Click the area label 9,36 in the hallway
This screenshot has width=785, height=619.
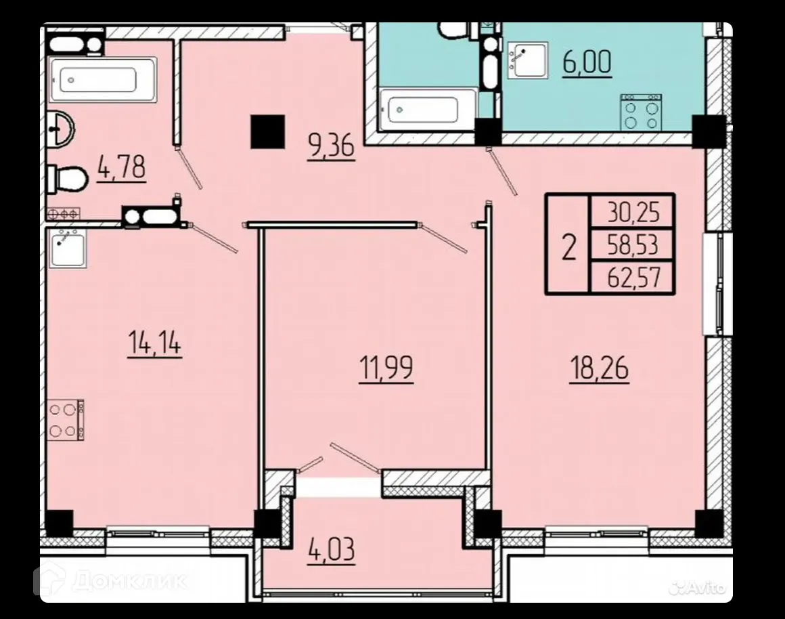coord(332,146)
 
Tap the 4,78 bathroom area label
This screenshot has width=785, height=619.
coord(122,167)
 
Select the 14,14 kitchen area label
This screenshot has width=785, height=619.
coord(155,343)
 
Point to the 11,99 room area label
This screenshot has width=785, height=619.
coord(386,368)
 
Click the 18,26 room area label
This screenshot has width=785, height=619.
coord(600,368)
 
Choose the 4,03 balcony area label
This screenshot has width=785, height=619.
coord(332,549)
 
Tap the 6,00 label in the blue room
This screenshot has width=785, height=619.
coord(587,63)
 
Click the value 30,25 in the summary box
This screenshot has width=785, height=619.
coord(633,213)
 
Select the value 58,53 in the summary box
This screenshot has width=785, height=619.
coord(633,245)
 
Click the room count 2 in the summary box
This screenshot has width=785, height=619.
coord(568,247)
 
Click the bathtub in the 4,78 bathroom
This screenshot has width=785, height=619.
coord(103,80)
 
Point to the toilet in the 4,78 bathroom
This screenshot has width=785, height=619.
coord(68,179)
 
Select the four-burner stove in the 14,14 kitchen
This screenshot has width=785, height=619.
coord(66,420)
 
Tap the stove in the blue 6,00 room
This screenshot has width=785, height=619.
coord(642,112)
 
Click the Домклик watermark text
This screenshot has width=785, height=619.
coord(129,581)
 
